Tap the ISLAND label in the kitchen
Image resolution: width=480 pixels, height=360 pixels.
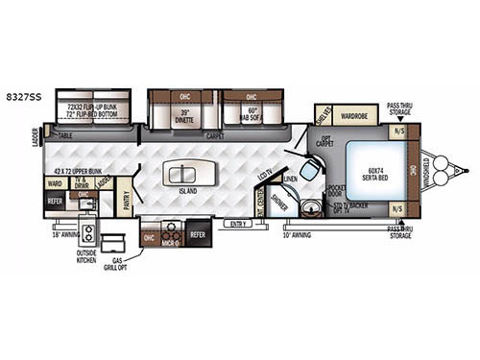click(x=187, y=189)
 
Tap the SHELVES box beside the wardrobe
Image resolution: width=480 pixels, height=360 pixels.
click(x=324, y=116)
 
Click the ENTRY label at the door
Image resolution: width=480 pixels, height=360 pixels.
click(x=233, y=224)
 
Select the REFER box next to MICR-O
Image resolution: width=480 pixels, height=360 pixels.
click(x=198, y=234)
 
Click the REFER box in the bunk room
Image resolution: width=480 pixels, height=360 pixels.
click(x=54, y=202)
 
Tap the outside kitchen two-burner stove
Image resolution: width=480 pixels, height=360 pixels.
click(x=87, y=233)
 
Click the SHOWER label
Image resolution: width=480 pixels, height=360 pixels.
click(x=278, y=203)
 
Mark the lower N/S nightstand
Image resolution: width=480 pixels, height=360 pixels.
click(x=396, y=208)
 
